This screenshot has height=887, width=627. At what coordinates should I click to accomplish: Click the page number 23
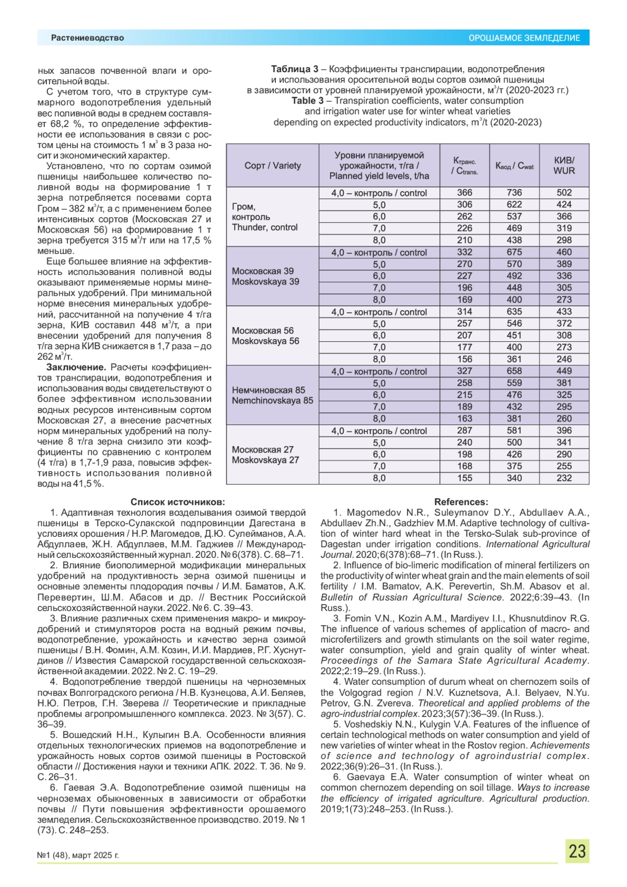577,851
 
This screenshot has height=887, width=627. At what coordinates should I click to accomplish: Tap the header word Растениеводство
87,38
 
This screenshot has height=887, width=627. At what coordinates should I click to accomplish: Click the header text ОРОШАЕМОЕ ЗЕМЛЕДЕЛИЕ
524,38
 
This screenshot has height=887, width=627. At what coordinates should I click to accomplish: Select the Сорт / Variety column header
272,166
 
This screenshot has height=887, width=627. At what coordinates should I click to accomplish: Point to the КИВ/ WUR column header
564,166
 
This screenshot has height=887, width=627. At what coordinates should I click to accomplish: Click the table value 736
514,193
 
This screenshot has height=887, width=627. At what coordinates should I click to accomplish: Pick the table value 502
564,193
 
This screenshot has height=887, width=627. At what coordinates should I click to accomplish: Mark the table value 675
514,252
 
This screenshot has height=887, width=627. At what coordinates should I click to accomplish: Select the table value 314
465,312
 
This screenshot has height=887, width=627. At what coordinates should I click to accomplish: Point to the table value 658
514,371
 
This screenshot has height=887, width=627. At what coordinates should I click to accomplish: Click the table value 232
564,478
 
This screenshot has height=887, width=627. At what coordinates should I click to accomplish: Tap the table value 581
514,431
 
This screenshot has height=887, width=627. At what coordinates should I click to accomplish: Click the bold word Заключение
76,367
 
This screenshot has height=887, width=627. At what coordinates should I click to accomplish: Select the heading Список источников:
178,502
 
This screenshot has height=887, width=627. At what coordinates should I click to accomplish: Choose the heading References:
461,502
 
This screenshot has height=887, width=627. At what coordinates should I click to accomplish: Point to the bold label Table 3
308,101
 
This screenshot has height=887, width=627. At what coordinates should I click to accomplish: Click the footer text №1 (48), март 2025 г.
78,856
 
